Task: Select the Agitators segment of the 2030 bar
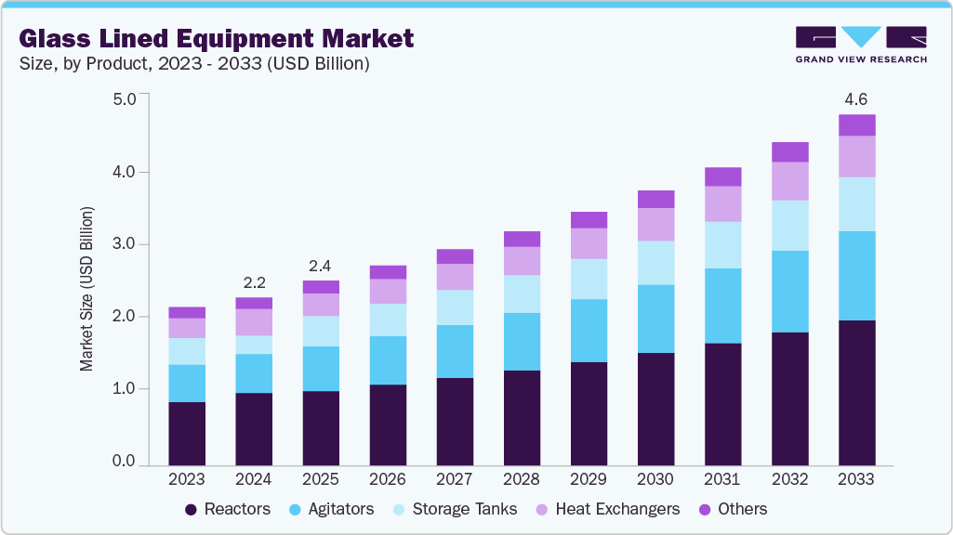(x=655, y=319)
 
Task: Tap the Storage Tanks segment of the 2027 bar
(x=455, y=307)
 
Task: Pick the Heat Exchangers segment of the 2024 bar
(x=254, y=322)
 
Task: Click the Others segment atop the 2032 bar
(x=789, y=152)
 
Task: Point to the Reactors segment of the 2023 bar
(x=187, y=433)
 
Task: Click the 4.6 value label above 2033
(x=856, y=99)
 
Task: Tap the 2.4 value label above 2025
(x=321, y=264)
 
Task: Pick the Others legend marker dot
(x=704, y=509)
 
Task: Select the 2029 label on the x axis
(x=589, y=479)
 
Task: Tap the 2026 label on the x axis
(x=388, y=479)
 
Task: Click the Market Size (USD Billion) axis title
(x=86, y=290)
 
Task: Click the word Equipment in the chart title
(x=239, y=39)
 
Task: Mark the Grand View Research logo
(x=860, y=45)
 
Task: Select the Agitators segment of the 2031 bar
(x=722, y=306)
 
